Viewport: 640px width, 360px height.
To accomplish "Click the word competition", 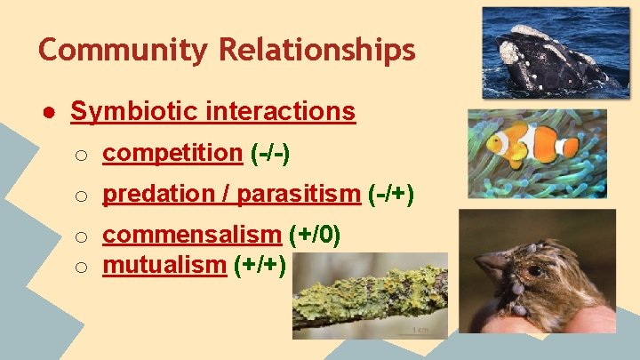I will pyautogui.click(x=172, y=153).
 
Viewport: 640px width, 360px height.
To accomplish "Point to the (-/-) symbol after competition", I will pyautogui.click(x=270, y=153).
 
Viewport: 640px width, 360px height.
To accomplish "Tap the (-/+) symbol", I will pyautogui.click(x=390, y=193).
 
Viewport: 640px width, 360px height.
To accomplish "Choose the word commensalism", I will pyautogui.click(x=191, y=235).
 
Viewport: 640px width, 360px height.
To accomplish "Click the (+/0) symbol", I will pyautogui.click(x=316, y=235).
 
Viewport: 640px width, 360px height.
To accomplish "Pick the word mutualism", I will pyautogui.click(x=164, y=264).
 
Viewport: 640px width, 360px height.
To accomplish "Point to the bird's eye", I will pyautogui.click(x=533, y=270).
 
